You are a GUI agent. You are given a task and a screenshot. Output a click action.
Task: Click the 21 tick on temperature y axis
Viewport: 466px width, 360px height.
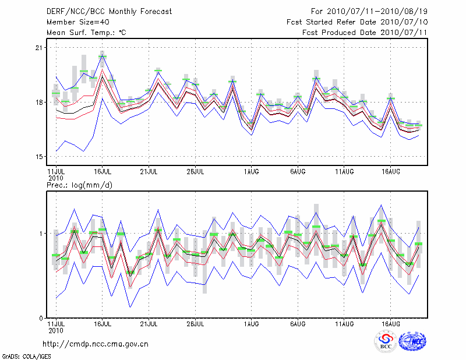(40, 48)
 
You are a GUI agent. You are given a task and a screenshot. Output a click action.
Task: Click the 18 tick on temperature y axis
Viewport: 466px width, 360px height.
(40, 103)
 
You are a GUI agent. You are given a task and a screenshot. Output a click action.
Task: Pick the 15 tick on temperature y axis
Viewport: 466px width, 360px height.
(40, 157)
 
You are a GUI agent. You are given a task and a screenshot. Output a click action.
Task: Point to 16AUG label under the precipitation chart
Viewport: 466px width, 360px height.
(391, 323)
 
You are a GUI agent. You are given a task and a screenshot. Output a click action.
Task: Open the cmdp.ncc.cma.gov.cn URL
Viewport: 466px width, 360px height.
(96, 344)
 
